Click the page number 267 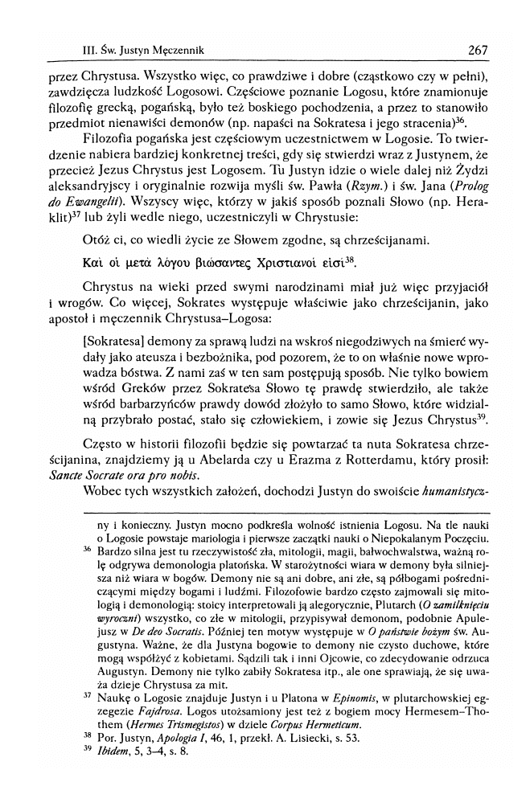point(477,50)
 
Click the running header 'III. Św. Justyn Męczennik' point(138,51)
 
